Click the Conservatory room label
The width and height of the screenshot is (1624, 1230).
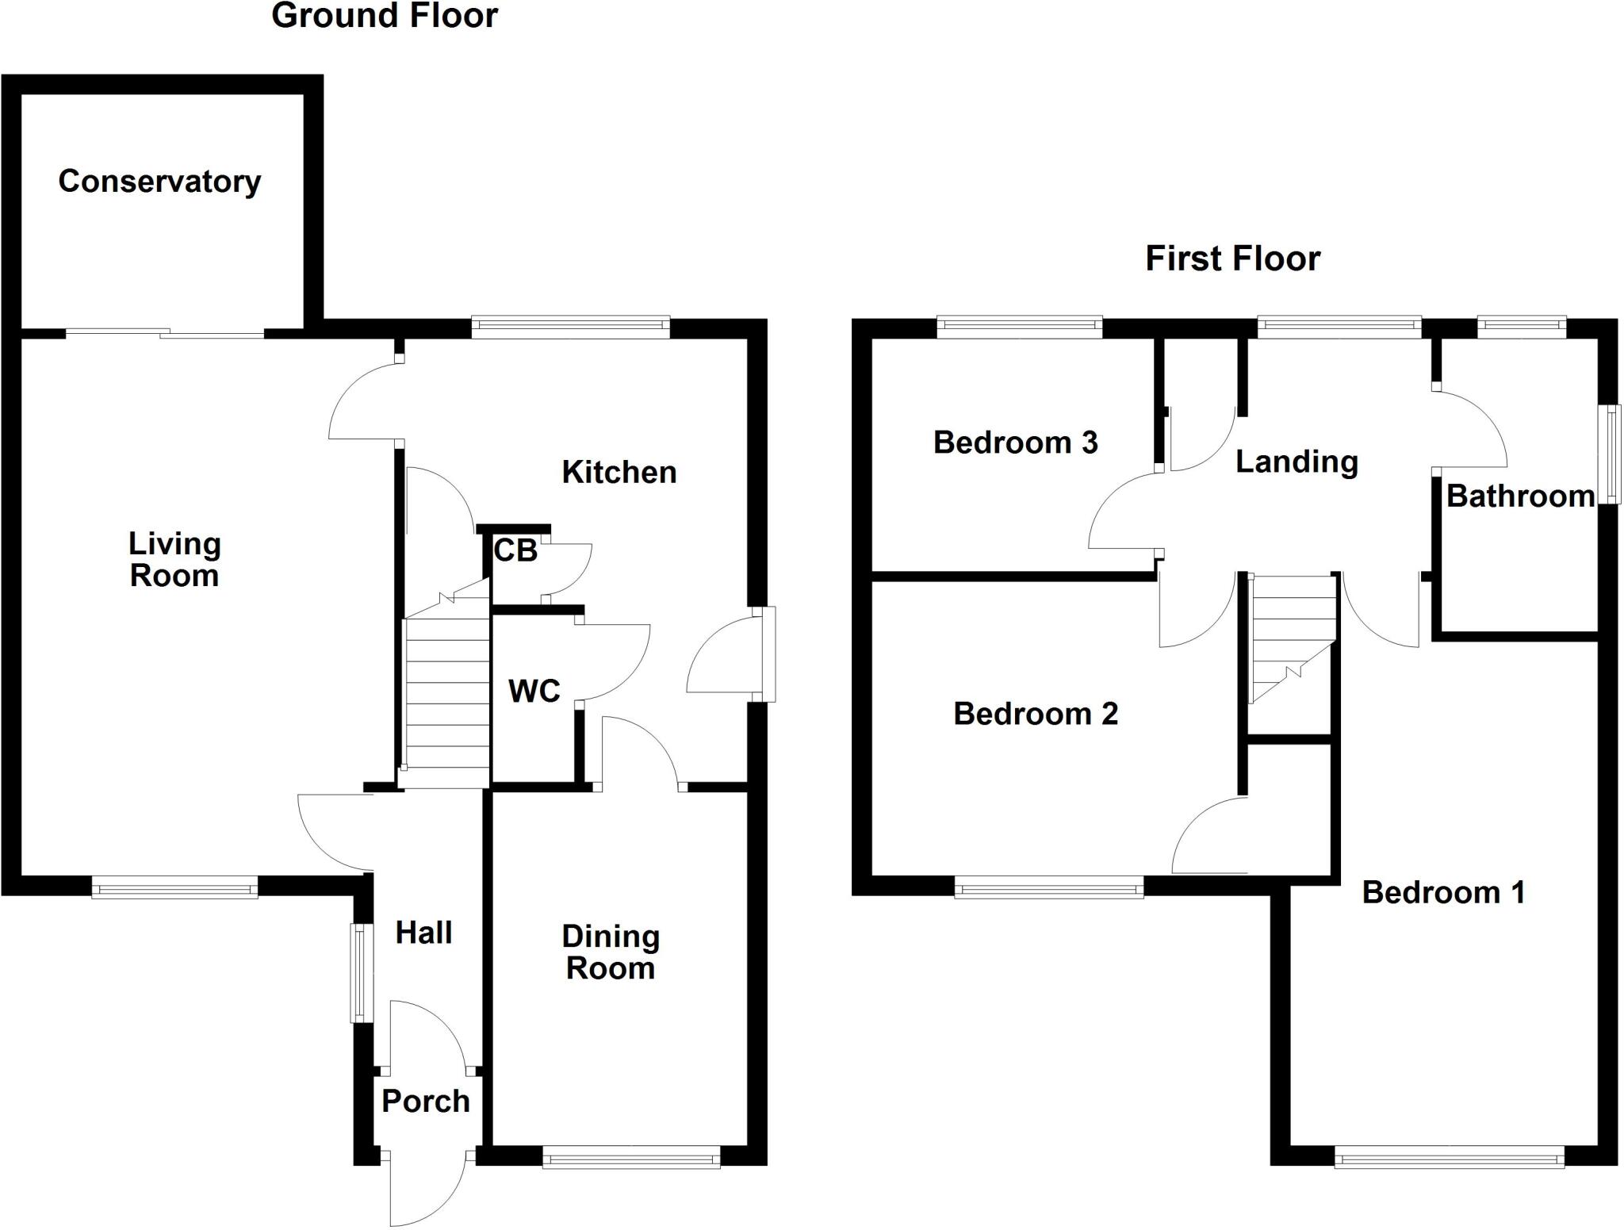[x=159, y=182]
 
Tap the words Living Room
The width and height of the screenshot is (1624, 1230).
[x=174, y=560]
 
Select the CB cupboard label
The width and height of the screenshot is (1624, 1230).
[x=515, y=550]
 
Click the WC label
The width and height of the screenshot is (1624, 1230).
[x=534, y=691]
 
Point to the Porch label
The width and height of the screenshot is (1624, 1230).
[x=426, y=1101]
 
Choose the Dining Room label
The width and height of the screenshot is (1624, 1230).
[x=611, y=952]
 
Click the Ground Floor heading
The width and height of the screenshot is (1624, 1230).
[x=385, y=16]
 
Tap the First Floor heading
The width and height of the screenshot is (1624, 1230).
[x=1233, y=259]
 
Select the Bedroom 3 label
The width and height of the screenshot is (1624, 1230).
[x=1015, y=443]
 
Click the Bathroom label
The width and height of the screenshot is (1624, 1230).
[x=1520, y=496]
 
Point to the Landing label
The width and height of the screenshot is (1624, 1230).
[x=1297, y=462]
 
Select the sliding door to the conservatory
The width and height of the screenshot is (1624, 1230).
[x=165, y=333]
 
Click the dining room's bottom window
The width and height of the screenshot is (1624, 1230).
[x=631, y=1159]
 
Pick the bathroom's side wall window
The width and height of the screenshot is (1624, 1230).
[x=1611, y=454]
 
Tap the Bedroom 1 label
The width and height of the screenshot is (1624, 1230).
[x=1443, y=893]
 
